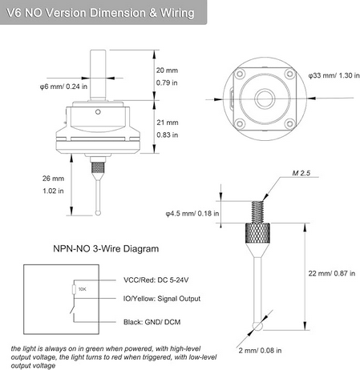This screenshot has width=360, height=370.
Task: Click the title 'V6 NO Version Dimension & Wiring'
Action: (100, 13)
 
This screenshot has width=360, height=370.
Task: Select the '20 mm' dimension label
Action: (167, 70)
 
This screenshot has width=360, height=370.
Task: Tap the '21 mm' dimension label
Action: (168, 123)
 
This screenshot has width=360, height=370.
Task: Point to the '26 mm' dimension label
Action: (53, 179)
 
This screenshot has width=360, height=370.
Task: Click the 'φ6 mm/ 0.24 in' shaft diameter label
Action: (63, 86)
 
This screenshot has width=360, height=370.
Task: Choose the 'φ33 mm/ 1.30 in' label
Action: (334, 75)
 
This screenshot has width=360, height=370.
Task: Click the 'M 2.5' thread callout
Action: (301, 173)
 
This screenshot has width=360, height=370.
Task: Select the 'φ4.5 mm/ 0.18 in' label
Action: (192, 214)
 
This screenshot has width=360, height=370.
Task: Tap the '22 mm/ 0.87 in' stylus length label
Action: (332, 273)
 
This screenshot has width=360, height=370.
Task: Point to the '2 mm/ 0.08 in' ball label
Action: (260, 351)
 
